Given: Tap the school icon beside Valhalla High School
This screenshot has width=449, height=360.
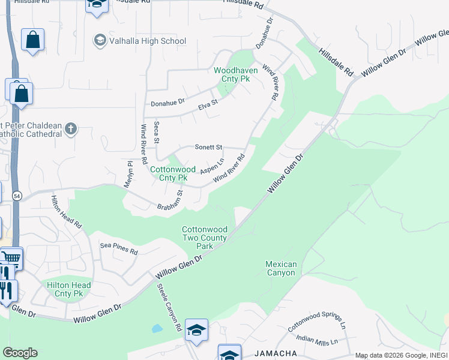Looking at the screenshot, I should [x=100, y=41].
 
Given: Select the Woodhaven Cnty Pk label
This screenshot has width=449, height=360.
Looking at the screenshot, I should [x=236, y=74].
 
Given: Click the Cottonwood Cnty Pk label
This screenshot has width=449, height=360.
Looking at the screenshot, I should [x=169, y=173].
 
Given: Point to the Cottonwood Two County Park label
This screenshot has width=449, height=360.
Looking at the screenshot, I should [x=205, y=238].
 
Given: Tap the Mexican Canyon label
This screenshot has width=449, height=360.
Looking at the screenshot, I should [x=281, y=268].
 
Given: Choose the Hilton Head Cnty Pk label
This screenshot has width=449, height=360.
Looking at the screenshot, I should [x=69, y=289].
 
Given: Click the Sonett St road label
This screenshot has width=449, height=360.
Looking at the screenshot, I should [x=209, y=147].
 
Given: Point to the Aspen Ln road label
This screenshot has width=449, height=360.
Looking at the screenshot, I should [x=212, y=166].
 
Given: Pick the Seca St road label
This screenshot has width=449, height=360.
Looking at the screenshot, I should [x=156, y=132].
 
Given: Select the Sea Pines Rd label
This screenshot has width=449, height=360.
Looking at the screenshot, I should [x=119, y=249].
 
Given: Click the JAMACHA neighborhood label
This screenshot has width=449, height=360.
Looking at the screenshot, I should [x=276, y=354].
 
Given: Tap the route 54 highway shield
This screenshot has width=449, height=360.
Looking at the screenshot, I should [x=17, y=196].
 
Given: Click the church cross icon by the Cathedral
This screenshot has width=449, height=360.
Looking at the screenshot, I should [x=71, y=128].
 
